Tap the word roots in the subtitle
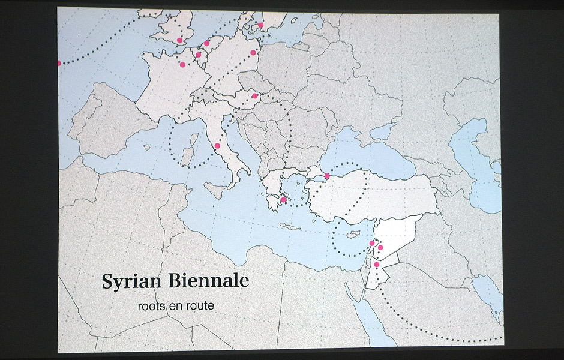[x=150, y=305]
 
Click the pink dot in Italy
[x=217, y=146]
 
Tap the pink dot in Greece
[x=283, y=200]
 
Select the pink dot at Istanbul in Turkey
[x=327, y=176]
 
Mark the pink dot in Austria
[x=255, y=95]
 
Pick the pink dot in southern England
[x=179, y=40]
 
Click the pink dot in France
[x=182, y=64]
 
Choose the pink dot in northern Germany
[x=253, y=53]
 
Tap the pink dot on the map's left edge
[x=59, y=63]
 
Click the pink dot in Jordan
[x=377, y=264]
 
